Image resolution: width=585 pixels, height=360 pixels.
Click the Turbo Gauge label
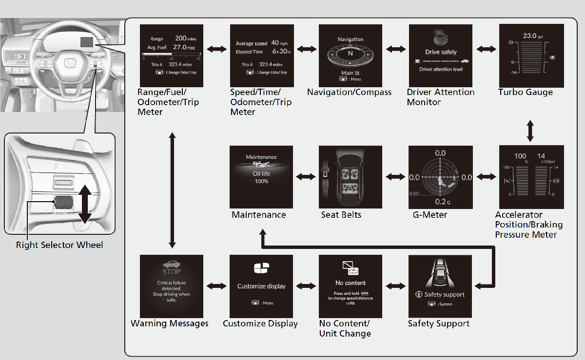(526, 93)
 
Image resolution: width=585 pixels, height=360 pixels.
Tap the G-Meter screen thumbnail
(440, 177)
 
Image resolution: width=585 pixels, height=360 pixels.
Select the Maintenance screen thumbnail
(261, 177)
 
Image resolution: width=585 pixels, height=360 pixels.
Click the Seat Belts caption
(341, 215)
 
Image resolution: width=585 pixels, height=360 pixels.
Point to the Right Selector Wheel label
(59, 245)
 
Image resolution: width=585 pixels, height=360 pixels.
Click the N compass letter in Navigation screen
(350, 54)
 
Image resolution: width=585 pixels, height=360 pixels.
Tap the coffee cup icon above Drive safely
(441, 38)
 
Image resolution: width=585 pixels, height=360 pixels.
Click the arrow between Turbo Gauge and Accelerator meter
(530, 132)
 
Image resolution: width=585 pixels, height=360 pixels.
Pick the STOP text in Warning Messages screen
(171, 272)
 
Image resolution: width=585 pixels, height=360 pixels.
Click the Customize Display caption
(260, 324)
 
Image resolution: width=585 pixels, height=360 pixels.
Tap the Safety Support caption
(439, 324)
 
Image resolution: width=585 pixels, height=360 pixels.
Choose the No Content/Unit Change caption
(345, 329)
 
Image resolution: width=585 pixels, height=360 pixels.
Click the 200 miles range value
(185, 38)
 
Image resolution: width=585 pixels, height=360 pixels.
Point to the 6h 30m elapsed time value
(281, 52)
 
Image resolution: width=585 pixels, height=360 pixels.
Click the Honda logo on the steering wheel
(71, 63)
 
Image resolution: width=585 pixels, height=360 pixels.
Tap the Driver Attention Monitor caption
(441, 97)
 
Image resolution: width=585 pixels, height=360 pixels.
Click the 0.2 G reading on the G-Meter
(441, 201)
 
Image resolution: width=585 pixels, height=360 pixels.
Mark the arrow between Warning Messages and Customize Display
(216, 286)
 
